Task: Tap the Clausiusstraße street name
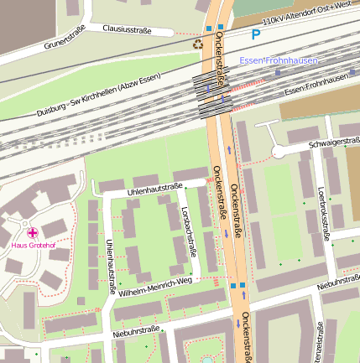[127, 30]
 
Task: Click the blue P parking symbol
[255, 35]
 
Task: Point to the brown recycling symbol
[198, 44]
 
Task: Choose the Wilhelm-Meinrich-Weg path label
[156, 286]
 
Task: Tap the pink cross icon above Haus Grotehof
[32, 232]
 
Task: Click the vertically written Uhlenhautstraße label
[109, 265]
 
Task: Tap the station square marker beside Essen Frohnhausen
[278, 72]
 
